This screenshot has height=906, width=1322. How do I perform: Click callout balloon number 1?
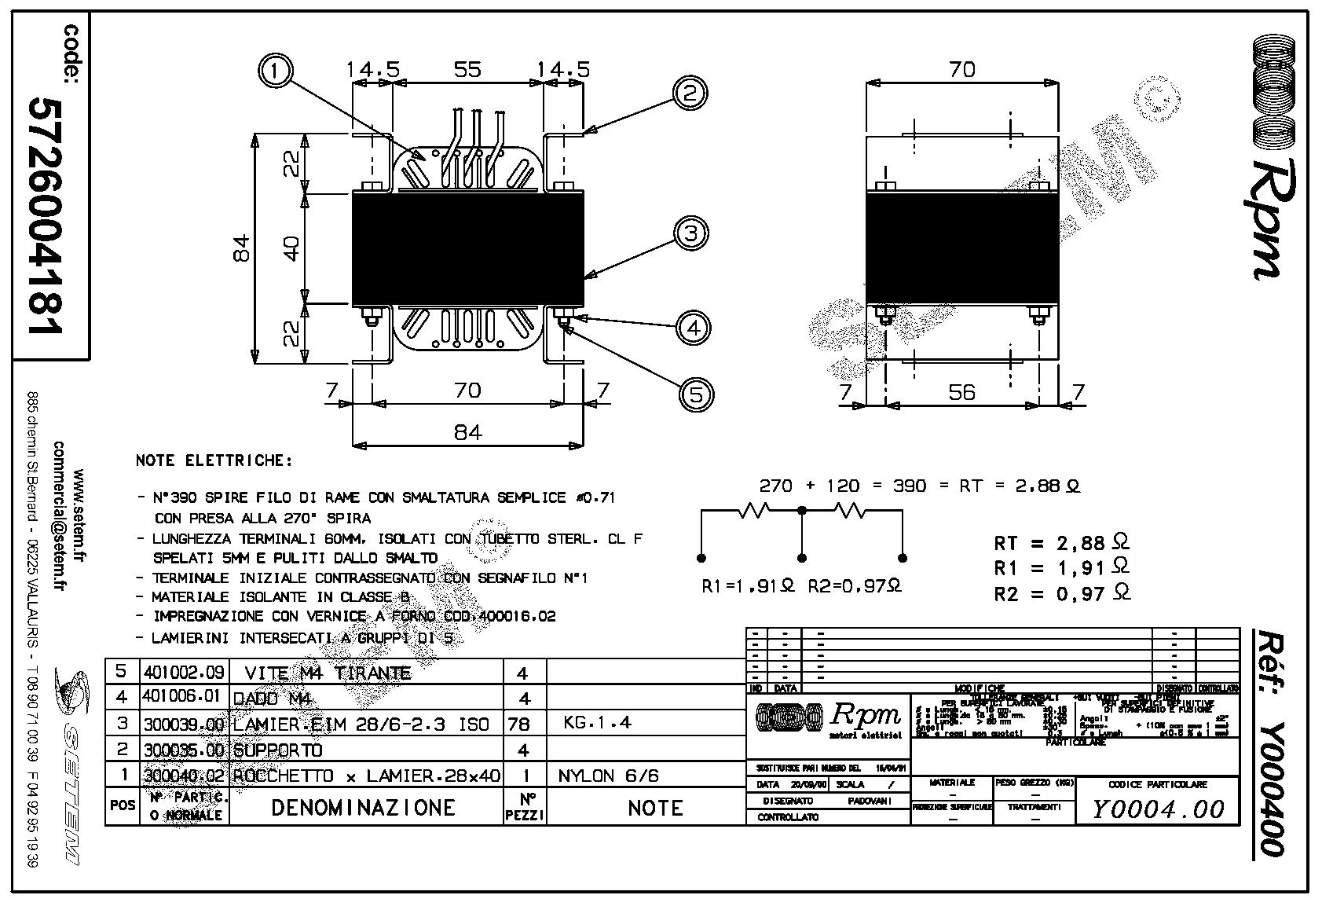pos(274,71)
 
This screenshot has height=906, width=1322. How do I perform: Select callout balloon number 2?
pos(689,94)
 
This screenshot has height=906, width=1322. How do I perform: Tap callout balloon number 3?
pos(690,233)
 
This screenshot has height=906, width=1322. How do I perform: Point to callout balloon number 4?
pos(693,327)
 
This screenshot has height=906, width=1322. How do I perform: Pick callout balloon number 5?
pos(696,393)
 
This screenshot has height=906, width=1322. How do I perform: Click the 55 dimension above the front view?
pos(467,69)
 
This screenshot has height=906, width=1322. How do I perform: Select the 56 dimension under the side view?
pos(961,392)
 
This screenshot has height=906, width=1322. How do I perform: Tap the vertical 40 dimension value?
pos(291,248)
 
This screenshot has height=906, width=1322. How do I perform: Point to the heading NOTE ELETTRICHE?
pos(214,460)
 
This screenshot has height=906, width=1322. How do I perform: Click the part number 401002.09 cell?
pos(184,672)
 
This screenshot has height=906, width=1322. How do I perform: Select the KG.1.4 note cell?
pos(597,723)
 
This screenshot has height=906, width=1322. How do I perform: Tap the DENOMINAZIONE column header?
pos(363,808)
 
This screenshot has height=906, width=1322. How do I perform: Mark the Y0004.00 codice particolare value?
pos(1158,809)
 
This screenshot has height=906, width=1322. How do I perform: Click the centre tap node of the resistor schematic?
pos(801,511)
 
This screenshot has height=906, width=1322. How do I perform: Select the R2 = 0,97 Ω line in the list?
pos(1061,594)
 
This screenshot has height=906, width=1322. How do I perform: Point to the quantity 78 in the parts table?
pos(519,724)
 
